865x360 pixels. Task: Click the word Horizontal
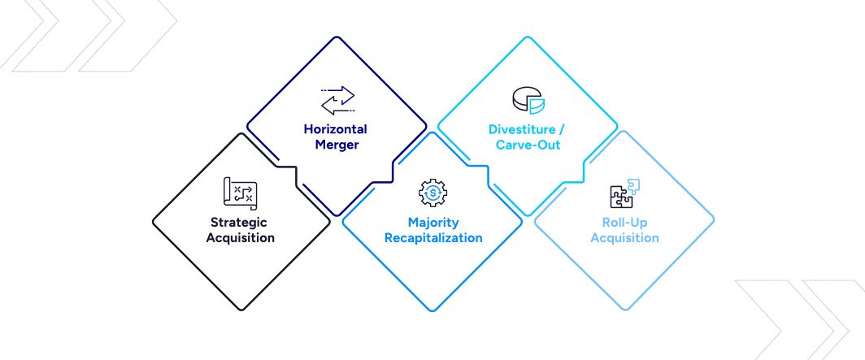coord(336,129)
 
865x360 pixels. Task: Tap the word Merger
coord(337,145)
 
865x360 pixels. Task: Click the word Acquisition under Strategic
coord(240,238)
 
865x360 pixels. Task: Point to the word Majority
coord(433,222)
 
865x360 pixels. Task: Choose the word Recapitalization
coord(433,238)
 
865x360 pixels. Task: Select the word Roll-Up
coord(624,222)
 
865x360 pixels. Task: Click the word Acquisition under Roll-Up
coord(624,238)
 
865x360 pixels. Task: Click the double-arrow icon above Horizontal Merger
coord(338,99)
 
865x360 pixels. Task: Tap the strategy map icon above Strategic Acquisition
coord(240,193)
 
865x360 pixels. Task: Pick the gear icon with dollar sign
coord(433,192)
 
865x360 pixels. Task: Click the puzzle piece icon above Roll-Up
coord(624,193)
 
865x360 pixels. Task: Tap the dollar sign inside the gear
coord(433,192)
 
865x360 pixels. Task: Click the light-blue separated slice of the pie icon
coord(537,105)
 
